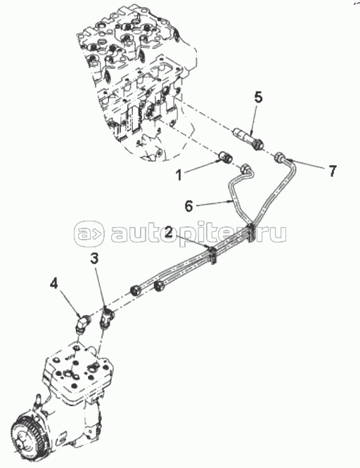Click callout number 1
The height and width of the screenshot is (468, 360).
[179, 175]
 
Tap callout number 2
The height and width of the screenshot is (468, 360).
[169, 232]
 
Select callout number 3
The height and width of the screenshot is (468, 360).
[94, 259]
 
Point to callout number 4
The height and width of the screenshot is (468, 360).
[53, 284]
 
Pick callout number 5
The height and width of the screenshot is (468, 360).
[258, 98]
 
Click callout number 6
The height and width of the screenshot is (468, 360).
[189, 206]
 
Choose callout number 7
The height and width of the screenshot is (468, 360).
[333, 171]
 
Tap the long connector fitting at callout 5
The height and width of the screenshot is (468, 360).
[249, 138]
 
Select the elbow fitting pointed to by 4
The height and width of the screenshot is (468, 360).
[82, 323]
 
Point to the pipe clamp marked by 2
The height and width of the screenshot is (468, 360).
[213, 254]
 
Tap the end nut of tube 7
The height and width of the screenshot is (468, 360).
[280, 157]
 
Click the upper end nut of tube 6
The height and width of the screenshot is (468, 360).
[246, 169]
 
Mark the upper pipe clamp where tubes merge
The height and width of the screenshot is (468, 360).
[251, 232]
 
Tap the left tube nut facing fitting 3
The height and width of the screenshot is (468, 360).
[136, 290]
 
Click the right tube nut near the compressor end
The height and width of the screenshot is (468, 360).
[159, 286]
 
